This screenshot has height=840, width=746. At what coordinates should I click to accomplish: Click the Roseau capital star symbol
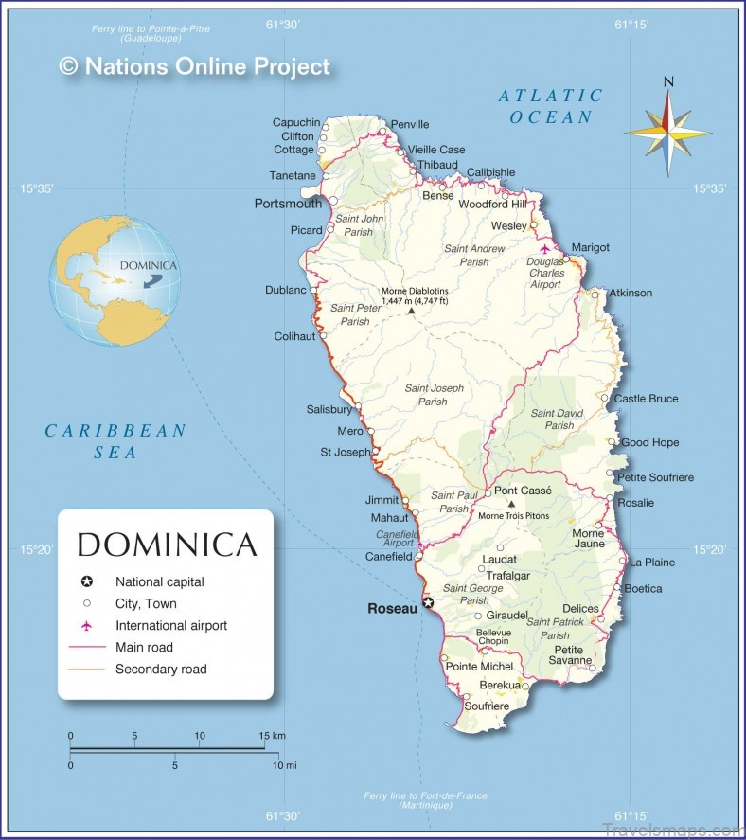click(428, 602)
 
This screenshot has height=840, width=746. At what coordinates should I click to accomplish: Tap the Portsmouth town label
click(288, 204)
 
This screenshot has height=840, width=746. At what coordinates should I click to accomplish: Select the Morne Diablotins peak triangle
click(411, 311)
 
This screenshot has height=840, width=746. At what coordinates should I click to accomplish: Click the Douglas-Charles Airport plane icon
click(544, 249)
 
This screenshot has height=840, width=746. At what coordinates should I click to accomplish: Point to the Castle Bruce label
click(646, 399)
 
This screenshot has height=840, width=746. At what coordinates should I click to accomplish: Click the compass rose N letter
click(668, 82)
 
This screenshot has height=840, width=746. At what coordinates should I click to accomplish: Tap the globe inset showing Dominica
click(115, 281)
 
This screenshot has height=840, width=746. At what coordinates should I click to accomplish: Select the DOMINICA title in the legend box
click(167, 545)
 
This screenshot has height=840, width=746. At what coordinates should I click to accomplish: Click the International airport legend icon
click(86, 626)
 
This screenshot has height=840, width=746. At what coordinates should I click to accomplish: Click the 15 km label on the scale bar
click(272, 736)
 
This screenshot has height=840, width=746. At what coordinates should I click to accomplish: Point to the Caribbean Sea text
click(115, 441)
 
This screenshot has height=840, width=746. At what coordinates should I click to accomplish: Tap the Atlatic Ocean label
click(551, 106)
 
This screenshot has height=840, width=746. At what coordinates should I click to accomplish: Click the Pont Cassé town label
click(523, 491)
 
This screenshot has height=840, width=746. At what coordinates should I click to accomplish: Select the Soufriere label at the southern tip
click(487, 706)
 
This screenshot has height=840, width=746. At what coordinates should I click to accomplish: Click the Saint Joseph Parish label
click(434, 395)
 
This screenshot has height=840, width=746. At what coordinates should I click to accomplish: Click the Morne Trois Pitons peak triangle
click(511, 505)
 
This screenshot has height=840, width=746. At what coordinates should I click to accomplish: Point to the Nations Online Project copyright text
click(194, 65)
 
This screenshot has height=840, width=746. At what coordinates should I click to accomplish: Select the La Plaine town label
click(652, 563)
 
